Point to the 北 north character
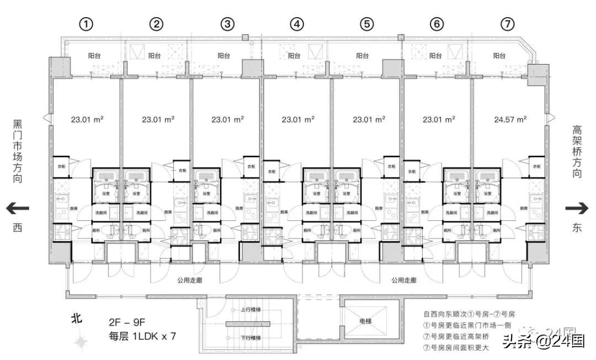[x=77, y=319]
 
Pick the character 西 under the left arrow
[x=18, y=227]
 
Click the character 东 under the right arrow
[x=577, y=227]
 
